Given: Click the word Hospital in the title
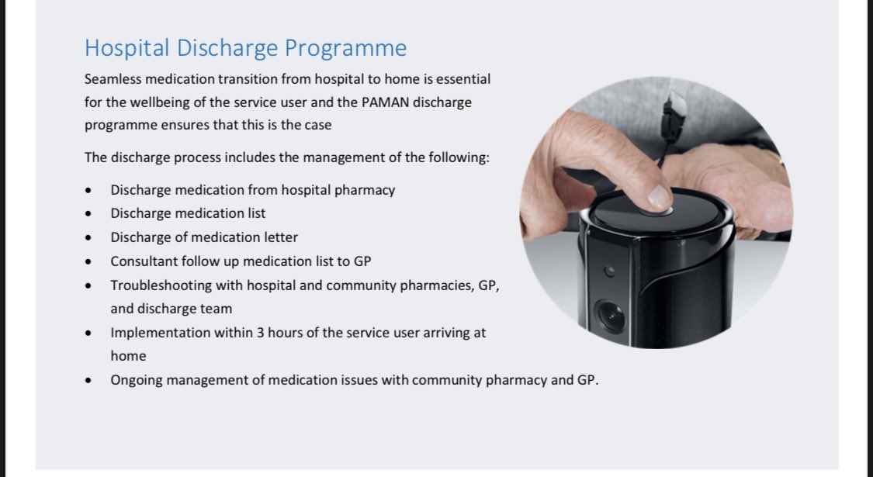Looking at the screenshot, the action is [127, 48].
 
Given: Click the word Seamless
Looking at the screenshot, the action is [113, 79].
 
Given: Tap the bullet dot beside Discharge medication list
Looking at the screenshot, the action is [88, 214].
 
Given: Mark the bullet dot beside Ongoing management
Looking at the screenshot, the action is [88, 381].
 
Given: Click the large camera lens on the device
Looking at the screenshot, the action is [610, 316].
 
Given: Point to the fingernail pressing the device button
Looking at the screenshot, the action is [659, 198].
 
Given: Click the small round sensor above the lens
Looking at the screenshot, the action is [610, 271].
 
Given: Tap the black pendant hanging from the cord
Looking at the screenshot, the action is [674, 118].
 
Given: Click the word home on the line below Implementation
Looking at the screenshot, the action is [128, 356].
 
